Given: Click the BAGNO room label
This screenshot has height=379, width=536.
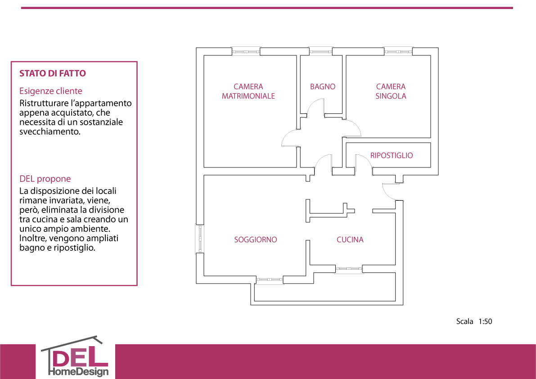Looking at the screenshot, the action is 323,87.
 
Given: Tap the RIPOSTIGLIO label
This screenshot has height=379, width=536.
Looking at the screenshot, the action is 392,155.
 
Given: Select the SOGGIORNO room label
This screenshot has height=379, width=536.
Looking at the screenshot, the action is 255,240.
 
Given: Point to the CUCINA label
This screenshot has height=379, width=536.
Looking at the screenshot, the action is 350,240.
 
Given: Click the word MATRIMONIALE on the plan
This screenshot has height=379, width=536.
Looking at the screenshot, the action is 248,96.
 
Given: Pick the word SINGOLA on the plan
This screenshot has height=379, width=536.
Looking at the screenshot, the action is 391,96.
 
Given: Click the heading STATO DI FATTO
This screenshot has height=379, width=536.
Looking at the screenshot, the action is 53,73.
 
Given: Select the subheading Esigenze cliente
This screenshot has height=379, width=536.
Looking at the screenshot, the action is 50,91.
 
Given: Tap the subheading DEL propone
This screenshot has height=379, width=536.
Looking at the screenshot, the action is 45,179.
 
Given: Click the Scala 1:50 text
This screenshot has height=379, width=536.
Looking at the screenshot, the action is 474,321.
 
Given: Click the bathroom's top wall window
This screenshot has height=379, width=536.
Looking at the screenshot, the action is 320,51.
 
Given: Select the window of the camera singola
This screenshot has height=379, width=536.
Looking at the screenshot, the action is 398,51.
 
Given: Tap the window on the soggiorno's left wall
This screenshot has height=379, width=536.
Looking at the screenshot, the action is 200,239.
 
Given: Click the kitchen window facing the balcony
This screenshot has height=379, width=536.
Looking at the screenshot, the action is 348,269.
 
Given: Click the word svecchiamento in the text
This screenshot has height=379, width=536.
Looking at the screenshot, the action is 50,131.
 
